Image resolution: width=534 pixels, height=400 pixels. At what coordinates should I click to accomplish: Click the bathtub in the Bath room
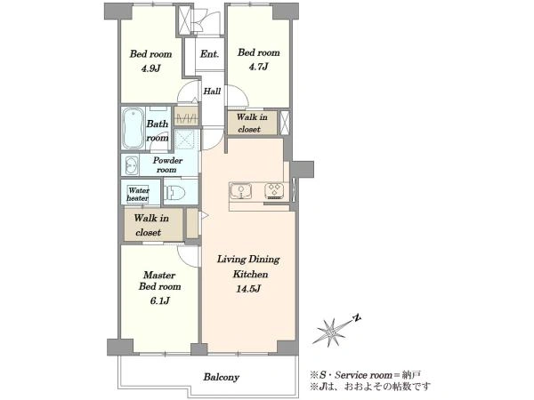point(133,128)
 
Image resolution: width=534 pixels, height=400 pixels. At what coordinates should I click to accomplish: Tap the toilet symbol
point(175,193)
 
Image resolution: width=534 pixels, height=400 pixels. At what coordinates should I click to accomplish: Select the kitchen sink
point(241,191)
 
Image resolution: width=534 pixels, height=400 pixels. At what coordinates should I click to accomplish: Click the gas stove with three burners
point(274,191)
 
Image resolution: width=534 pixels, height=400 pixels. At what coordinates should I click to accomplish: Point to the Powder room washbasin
point(131,165)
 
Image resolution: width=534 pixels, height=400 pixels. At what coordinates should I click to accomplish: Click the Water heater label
point(138,194)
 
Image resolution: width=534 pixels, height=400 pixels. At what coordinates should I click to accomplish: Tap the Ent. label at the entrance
point(209,54)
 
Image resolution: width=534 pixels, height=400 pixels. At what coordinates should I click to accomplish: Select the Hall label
point(212,92)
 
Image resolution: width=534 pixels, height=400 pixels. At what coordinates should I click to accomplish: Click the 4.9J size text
point(151,68)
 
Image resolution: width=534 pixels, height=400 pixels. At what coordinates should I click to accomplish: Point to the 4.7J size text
point(258,67)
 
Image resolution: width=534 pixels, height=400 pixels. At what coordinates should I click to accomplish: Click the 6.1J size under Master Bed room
point(159,300)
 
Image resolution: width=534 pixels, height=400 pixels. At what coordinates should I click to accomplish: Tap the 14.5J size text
point(248,289)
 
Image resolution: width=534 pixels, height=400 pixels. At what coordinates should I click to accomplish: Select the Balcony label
point(222,377)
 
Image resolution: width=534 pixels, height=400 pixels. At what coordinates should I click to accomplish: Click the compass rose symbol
point(330,332)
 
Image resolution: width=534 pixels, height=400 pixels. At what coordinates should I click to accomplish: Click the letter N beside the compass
point(356,318)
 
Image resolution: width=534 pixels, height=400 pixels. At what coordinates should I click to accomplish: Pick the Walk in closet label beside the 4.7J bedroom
point(252,124)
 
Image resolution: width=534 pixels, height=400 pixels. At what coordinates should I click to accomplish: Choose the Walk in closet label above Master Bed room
point(151,225)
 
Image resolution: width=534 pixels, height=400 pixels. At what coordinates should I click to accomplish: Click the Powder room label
point(167,164)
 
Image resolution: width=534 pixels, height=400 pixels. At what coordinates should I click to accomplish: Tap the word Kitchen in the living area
point(250,274)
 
